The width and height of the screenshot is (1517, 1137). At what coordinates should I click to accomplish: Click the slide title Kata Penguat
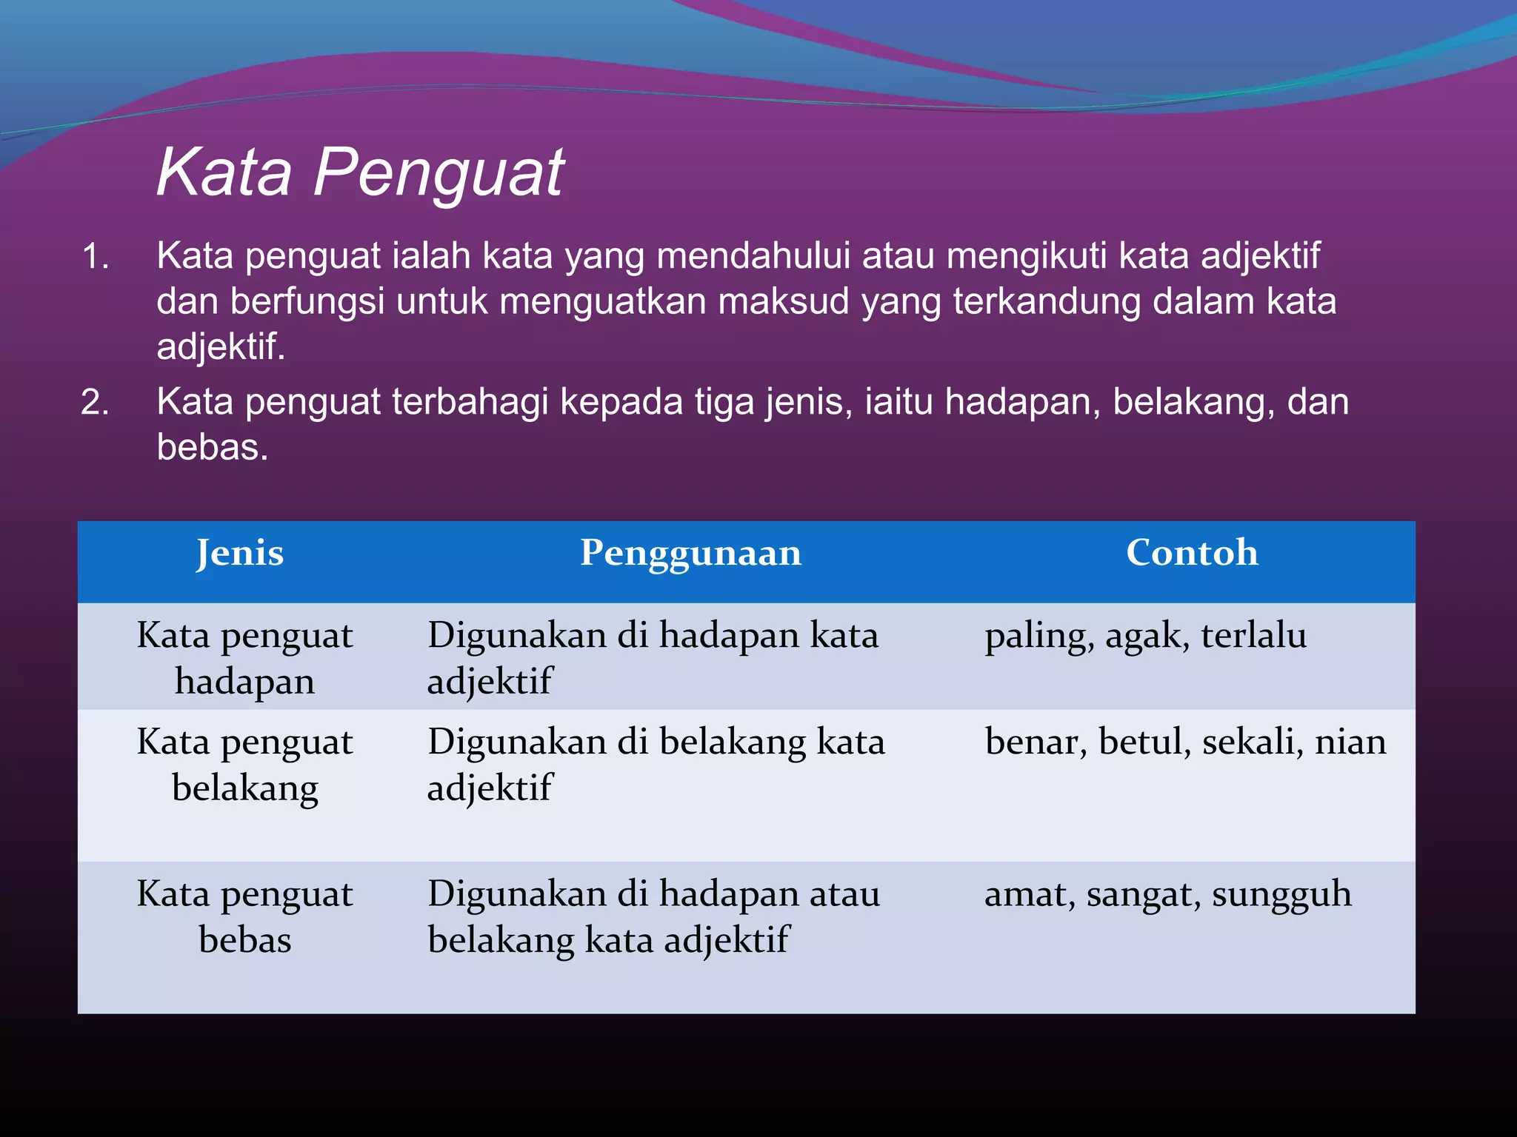pos(360,172)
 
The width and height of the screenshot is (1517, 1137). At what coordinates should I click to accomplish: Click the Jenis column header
pos(240,553)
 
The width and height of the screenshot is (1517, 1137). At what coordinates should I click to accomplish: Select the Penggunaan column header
pos(690,553)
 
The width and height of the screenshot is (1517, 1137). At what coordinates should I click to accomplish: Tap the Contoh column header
pos(1192,553)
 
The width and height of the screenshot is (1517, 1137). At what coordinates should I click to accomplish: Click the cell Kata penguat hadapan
pos(244,657)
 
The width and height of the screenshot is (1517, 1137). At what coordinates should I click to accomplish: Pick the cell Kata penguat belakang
pos(244,764)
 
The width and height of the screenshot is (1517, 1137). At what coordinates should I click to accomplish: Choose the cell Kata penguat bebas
pos(244,916)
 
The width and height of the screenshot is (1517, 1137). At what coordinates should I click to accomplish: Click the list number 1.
pos(96,257)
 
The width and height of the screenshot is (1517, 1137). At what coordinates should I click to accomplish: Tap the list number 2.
pos(96,403)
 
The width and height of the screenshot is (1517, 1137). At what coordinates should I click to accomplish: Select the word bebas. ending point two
pos(212,448)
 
